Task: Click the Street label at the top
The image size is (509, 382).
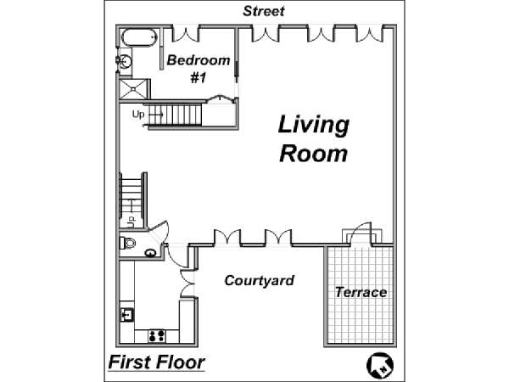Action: [x=264, y=11]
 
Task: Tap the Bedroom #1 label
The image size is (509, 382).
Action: [x=199, y=69]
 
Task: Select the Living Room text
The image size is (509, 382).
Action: [x=314, y=138]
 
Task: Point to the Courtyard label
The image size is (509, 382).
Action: [x=259, y=280]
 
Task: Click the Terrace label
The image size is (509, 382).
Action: [x=361, y=292]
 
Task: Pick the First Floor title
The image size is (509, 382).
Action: [x=156, y=362]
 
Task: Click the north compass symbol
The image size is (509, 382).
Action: [x=380, y=365]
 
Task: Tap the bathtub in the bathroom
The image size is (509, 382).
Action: [x=140, y=37]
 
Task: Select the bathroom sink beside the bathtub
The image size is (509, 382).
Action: [x=125, y=60]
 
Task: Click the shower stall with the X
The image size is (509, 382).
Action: [x=134, y=89]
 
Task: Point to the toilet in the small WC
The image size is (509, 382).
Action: [x=128, y=243]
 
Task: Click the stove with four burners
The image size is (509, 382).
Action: [x=157, y=336]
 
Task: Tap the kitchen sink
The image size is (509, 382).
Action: [x=127, y=314]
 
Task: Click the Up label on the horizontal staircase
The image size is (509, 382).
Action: [x=138, y=115]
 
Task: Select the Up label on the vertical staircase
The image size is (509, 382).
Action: [x=131, y=221]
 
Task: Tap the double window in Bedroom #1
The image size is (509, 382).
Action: [x=186, y=35]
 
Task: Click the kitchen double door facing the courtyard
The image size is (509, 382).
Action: [x=187, y=283]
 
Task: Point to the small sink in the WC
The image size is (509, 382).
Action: [x=150, y=252]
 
